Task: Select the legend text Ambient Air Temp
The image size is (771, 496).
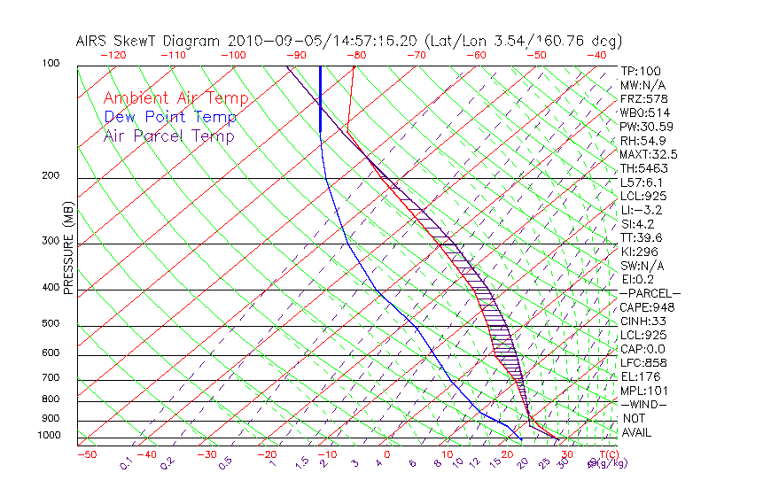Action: (x=176, y=98)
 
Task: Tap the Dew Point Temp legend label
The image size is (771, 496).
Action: (x=170, y=117)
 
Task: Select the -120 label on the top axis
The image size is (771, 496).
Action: (x=112, y=55)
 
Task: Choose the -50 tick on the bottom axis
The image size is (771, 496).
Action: (x=86, y=455)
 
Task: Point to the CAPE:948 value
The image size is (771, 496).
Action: (x=643, y=307)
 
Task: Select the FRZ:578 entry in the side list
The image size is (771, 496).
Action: (x=642, y=99)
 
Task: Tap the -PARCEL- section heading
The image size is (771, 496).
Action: (x=650, y=293)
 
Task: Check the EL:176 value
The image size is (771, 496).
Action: (x=638, y=376)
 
